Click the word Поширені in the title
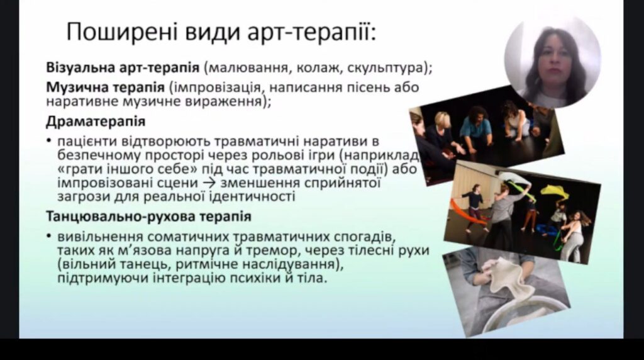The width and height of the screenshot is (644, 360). pyautogui.click(x=122, y=33)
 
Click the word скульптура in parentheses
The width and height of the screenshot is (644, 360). pyautogui.click(x=386, y=67)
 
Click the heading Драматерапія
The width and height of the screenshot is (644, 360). pyautogui.click(x=96, y=121)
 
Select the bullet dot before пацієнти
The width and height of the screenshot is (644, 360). pyautogui.click(x=49, y=142)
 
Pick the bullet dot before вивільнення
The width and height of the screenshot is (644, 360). pyautogui.click(x=49, y=237)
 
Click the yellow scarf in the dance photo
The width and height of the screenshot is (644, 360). pyautogui.click(x=555, y=192)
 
